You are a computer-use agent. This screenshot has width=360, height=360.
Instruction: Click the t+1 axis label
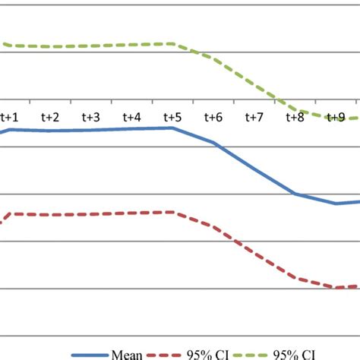tap(10, 117)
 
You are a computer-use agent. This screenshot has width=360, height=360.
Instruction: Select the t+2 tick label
tap(50, 117)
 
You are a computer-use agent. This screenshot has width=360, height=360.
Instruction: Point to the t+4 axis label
tap(131, 117)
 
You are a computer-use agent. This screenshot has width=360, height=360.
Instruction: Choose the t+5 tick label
tap(172, 117)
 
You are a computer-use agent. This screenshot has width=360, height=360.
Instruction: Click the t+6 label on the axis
tap(213, 117)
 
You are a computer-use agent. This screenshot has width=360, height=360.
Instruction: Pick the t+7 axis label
tap(254, 117)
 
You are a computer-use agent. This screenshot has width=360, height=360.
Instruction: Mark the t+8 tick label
tap(295, 117)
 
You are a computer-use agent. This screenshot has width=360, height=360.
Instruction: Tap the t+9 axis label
tap(335, 117)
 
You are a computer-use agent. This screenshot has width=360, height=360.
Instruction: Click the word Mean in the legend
tap(126, 354)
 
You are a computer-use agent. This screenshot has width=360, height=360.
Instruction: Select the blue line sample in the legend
tap(90, 354)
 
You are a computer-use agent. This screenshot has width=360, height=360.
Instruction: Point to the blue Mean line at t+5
tap(172, 128)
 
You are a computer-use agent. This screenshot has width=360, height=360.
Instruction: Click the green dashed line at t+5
tap(172, 44)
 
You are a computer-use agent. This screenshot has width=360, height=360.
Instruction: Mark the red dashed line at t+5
tap(172, 212)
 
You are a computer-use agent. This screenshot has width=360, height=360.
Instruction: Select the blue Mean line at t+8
tap(295, 194)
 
